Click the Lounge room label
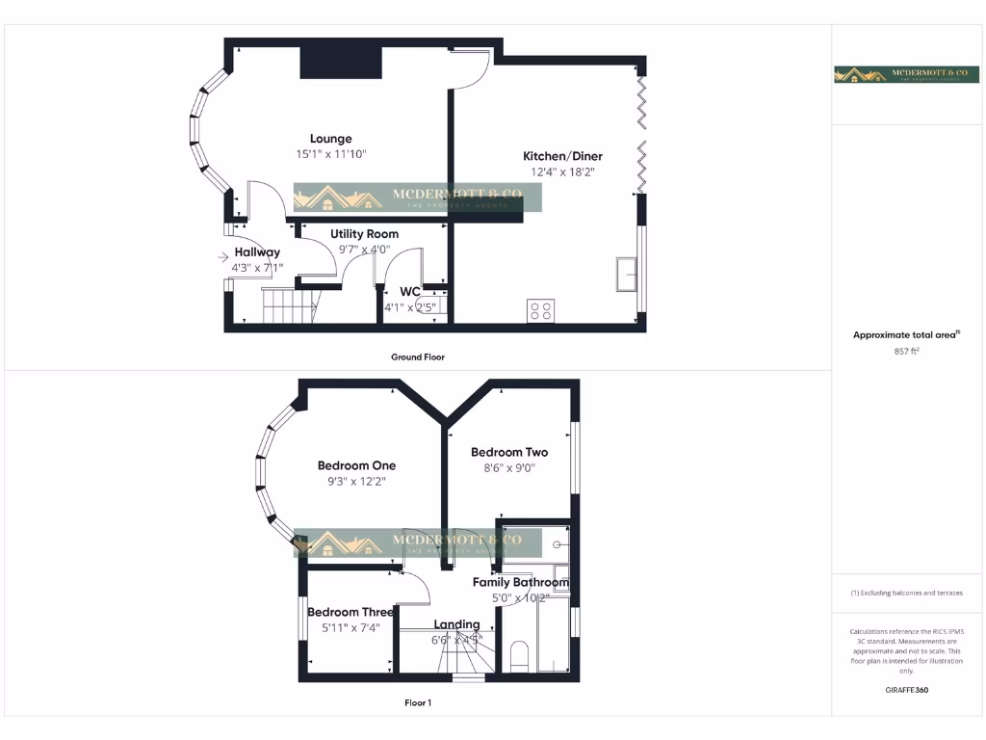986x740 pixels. coord(330,139)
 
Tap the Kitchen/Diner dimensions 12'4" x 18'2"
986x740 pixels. coord(562,172)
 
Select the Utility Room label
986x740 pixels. coord(364,234)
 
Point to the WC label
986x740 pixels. coord(410,292)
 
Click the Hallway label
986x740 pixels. coord(257,252)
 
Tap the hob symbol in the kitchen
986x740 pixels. coord(540,310)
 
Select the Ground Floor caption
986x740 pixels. coord(417,357)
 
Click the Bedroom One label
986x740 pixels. coord(356,465)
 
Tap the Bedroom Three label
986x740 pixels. coord(350,612)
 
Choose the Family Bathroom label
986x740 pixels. coord(520,582)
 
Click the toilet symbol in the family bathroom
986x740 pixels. coord(519,654)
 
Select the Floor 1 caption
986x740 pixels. coord(417,702)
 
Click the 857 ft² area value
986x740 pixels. coord(907,352)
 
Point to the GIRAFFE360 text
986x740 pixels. coord(907,690)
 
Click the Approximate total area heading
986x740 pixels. coord(906,335)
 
